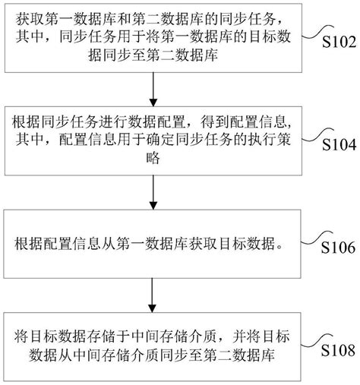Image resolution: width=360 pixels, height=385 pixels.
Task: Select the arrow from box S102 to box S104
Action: point(154,90)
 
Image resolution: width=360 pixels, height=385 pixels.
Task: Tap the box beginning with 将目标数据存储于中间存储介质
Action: point(154,346)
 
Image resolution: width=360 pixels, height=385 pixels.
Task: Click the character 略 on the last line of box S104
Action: point(155,159)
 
